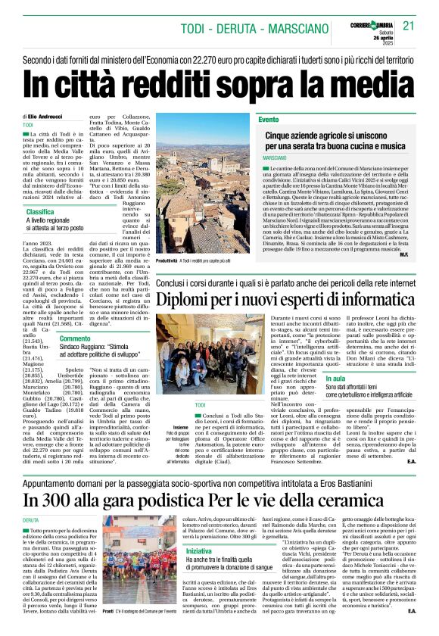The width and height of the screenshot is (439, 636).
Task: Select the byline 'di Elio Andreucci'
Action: pos(46,116)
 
